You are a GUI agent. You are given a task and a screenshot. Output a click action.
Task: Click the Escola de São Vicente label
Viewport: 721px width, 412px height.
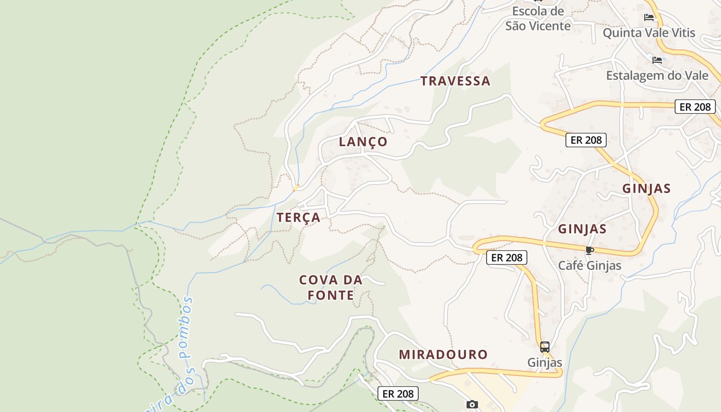(538, 19)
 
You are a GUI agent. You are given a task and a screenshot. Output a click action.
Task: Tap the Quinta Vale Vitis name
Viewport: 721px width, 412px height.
(649, 33)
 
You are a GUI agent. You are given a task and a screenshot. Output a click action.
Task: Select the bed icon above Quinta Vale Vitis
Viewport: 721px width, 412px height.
(649, 17)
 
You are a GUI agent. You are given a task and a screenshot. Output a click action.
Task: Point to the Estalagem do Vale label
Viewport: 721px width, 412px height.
(657, 76)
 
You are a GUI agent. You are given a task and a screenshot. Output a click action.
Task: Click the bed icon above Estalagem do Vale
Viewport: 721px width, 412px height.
(657, 60)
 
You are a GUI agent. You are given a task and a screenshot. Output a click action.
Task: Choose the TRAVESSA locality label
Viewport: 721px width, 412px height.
(455, 81)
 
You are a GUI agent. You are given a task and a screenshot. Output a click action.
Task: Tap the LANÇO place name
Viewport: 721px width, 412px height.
(363, 142)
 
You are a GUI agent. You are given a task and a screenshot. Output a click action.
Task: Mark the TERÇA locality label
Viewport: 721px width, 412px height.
(299, 218)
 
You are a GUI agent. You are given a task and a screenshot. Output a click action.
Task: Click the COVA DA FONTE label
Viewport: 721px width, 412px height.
(331, 287)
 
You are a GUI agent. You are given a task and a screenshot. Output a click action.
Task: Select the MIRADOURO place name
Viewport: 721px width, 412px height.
(443, 354)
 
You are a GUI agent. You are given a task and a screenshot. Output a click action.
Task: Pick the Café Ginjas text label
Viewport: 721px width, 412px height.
(590, 266)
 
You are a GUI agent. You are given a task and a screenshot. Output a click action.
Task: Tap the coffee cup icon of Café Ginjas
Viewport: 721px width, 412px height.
(590, 251)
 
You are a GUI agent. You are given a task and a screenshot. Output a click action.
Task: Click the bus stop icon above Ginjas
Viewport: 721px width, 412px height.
(545, 347)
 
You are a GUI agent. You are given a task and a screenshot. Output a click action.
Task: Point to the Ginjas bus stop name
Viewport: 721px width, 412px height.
(545, 363)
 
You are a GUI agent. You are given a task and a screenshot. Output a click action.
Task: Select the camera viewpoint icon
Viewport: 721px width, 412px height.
(472, 404)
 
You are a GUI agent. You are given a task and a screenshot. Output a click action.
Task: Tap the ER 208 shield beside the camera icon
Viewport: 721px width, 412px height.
(398, 394)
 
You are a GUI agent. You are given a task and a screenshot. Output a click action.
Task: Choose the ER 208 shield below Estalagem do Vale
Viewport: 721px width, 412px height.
(695, 107)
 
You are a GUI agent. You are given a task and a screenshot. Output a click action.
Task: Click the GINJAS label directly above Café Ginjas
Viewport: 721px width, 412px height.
(582, 229)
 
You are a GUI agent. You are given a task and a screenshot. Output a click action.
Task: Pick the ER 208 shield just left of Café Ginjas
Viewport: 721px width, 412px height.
(507, 257)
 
